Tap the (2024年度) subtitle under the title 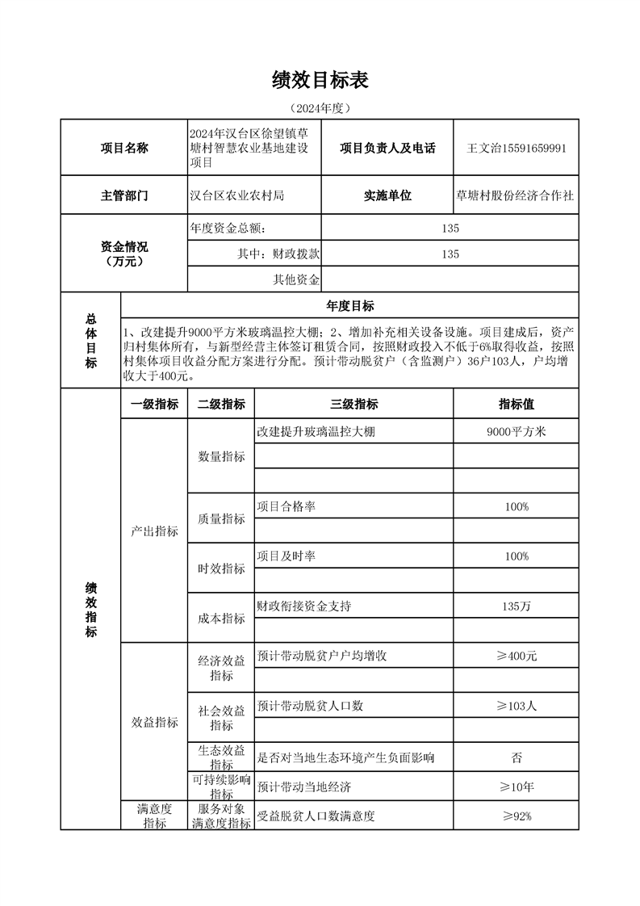coord(320,107)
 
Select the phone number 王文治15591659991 coord(517,149)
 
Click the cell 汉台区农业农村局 coord(236,195)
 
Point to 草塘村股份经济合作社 coord(516,195)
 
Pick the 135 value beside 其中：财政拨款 coord(450,254)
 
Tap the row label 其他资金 coord(296,279)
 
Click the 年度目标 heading coord(349,305)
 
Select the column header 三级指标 coord(353,405)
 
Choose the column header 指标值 coord(517,405)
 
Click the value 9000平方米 coord(517,432)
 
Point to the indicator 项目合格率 coord(286,506)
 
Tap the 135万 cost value coord(517,606)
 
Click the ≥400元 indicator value coord(517,656)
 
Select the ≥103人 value coord(517,706)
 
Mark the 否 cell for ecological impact coord(517,757)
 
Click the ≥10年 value coord(517,786)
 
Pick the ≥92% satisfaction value coord(517,816)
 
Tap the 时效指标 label coord(221,568)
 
